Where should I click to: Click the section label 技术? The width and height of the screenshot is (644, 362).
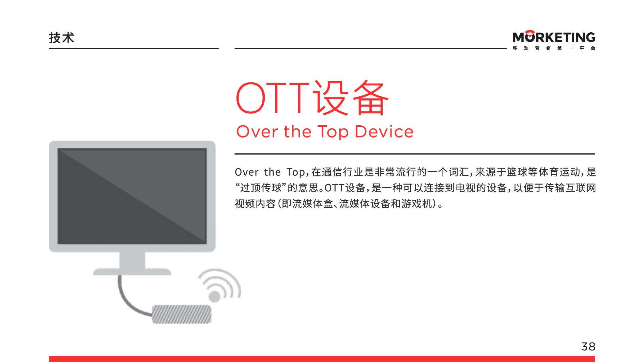(61, 38)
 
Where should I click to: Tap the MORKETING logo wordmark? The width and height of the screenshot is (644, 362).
(554, 36)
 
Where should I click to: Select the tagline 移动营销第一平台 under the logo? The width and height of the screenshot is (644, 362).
(554, 48)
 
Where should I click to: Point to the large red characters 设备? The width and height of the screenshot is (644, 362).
(351, 98)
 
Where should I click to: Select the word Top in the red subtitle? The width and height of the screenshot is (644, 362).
(333, 132)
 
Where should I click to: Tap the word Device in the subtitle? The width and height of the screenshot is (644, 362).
(384, 131)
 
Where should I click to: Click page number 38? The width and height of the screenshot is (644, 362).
(588, 347)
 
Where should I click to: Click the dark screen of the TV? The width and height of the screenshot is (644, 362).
(132, 196)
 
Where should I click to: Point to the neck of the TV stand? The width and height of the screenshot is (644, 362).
(132, 261)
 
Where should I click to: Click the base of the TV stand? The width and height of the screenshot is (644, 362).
(132, 272)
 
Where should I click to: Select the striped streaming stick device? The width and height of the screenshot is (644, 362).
(182, 314)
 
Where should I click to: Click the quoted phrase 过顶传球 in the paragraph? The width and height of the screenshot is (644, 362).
(261, 188)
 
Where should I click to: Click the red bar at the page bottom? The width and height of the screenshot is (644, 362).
(322, 359)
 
